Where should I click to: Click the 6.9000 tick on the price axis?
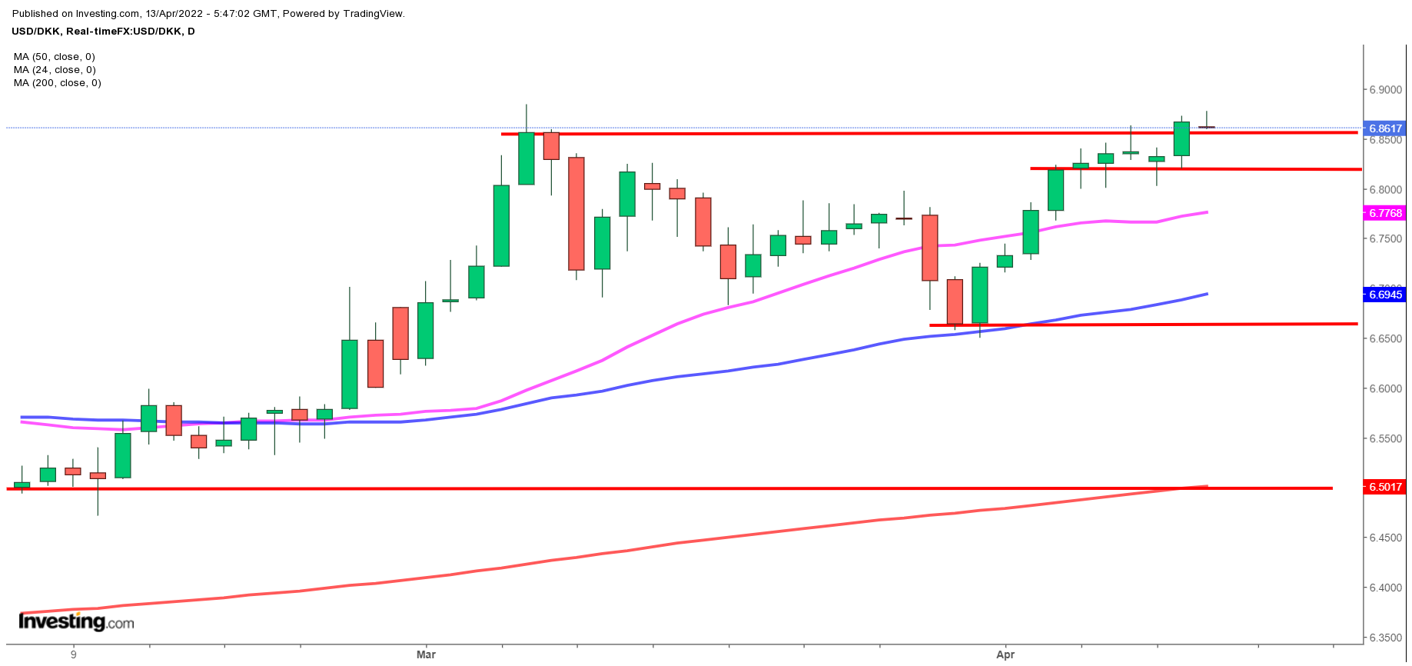(1384, 90)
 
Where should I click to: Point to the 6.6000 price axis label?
(1384, 389)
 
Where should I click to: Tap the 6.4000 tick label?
(1384, 588)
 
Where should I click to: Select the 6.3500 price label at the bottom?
(1384, 638)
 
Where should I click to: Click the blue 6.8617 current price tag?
(1384, 128)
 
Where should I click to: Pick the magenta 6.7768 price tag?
(1384, 213)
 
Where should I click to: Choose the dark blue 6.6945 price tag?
(1384, 295)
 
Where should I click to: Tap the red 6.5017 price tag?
(1384, 487)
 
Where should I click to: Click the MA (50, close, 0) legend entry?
(55, 57)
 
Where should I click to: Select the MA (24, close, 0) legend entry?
(55, 70)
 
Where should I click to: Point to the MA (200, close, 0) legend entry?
(58, 83)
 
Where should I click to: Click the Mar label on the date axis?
(426, 654)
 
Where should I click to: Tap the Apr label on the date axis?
(1005, 654)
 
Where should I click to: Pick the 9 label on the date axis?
(74, 654)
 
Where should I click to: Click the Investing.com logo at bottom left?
(76, 622)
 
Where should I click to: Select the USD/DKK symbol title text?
(102, 32)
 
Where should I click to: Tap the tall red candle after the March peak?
(576, 213)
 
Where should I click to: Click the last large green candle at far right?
(1181, 138)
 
